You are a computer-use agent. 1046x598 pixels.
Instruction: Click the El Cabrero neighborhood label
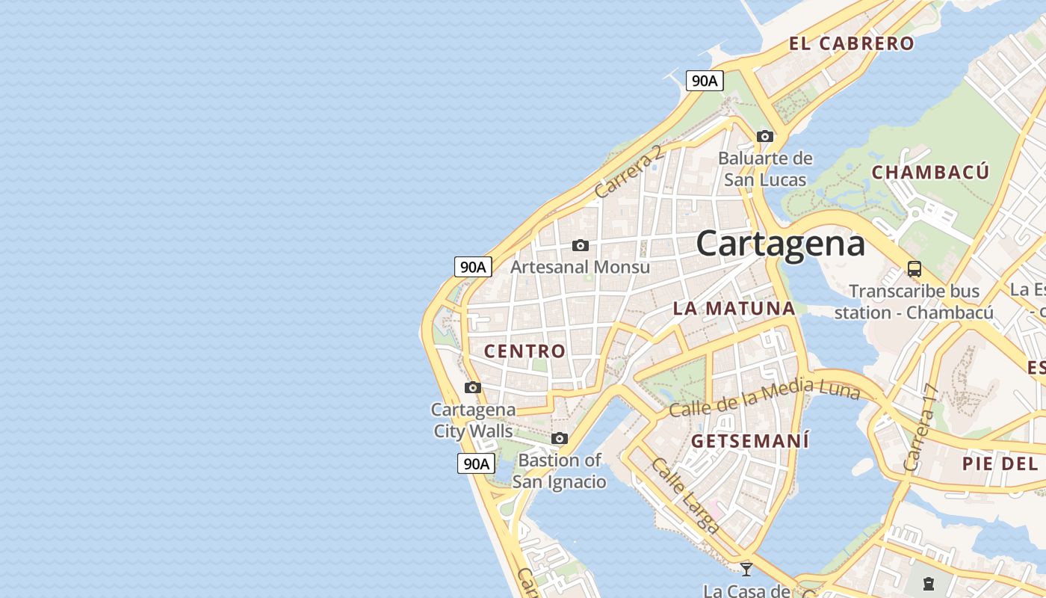coord(851,43)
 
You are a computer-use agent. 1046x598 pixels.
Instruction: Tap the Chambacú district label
coord(930,172)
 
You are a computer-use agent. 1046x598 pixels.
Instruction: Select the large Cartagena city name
coord(781,244)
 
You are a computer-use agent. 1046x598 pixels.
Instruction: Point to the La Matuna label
coord(734,308)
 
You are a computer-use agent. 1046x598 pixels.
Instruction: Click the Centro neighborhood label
coord(524,351)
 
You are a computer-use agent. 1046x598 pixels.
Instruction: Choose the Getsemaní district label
coord(749,441)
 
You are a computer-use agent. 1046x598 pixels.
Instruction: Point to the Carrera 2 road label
coord(628,172)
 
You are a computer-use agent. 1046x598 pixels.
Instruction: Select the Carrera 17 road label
coord(920,428)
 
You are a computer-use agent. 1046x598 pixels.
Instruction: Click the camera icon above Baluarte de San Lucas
coord(764,136)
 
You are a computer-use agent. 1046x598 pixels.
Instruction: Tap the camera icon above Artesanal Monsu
coord(580,245)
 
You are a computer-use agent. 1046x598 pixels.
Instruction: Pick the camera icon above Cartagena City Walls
coord(472,387)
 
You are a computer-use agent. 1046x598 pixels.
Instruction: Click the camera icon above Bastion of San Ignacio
coord(559,438)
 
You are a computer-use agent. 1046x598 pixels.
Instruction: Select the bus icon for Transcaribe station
coord(914,269)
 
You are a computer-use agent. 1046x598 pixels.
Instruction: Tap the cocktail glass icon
coord(746,569)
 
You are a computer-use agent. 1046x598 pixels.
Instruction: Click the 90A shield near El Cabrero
coord(705,81)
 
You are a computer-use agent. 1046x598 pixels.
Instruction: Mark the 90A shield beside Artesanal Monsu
coord(473,267)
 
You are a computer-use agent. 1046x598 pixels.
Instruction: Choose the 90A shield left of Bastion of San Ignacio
coord(476,463)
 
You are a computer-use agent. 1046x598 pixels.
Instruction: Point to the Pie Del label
coord(1000,463)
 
